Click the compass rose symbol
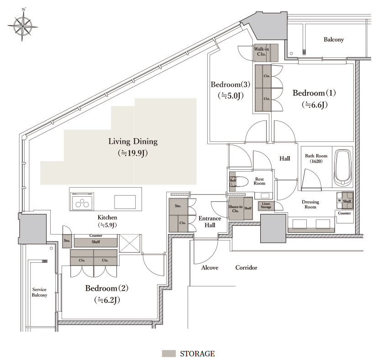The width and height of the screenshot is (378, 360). tap(22, 25)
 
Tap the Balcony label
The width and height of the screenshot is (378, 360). tap(333, 40)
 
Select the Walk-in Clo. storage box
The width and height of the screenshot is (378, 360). tap(265, 52)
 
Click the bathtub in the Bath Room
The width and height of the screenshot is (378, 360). tap(342, 168)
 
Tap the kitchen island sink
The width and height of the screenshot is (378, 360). tap(125, 202)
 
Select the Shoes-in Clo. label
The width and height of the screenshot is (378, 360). tap(235, 209)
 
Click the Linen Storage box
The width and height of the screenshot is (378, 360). tap(266, 205)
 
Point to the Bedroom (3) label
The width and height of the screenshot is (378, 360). tap(230, 84)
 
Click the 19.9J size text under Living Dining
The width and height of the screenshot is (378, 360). tap(132, 153)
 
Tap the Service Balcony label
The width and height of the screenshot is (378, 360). tap(39, 292)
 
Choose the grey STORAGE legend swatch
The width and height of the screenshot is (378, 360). tap(168, 353)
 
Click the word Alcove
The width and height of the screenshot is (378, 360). tap(210, 268)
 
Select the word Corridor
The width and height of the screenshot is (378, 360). tap(246, 268)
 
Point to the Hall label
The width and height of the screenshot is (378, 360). tap(284, 158)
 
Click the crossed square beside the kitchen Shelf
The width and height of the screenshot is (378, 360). tap(130, 243)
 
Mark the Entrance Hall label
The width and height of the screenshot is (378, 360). tap(210, 222)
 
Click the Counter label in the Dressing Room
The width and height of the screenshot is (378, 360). tap(344, 213)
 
